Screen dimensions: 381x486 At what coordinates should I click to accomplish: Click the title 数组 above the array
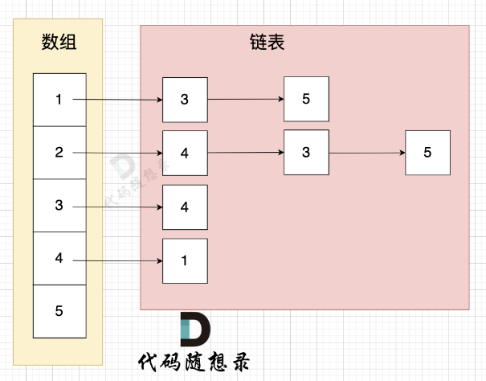pyautogui.click(x=59, y=43)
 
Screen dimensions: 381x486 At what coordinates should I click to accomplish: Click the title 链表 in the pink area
pyautogui.click(x=267, y=43)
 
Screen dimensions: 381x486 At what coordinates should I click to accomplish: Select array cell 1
pyautogui.click(x=59, y=100)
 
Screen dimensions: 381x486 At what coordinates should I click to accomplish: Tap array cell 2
pyautogui.click(x=59, y=152)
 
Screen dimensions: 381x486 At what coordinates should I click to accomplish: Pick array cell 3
pyautogui.click(x=59, y=205)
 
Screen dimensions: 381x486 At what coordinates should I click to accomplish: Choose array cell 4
pyautogui.click(x=59, y=258)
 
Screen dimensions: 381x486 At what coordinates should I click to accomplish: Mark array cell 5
pyautogui.click(x=59, y=310)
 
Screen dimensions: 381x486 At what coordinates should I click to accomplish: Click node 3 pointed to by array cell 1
pyautogui.click(x=185, y=100)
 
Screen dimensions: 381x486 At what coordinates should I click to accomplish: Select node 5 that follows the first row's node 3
pyautogui.click(x=306, y=100)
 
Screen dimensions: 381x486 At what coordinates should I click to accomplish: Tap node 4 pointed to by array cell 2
pyautogui.click(x=185, y=153)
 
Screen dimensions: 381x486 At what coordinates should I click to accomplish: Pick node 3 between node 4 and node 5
pyautogui.click(x=306, y=152)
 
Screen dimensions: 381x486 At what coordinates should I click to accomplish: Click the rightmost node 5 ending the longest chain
pyautogui.click(x=427, y=152)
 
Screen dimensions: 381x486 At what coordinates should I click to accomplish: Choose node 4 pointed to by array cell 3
pyautogui.click(x=185, y=207)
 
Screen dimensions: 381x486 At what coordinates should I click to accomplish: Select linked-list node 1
pyautogui.click(x=185, y=260)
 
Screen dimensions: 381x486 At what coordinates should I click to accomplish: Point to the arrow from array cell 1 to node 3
pyautogui.click(x=120, y=100)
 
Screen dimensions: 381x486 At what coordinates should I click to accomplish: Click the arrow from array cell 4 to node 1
pyautogui.click(x=120, y=260)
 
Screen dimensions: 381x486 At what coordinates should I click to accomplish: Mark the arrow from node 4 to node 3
pyautogui.click(x=245, y=152)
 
